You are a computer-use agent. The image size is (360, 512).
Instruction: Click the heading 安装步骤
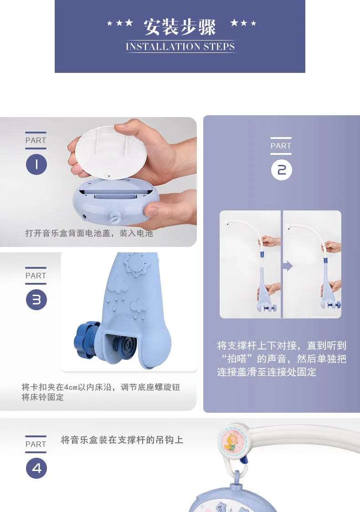tap(180, 27)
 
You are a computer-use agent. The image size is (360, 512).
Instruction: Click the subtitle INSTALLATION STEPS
tap(180, 47)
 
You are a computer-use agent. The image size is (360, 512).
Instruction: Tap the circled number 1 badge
tap(36, 164)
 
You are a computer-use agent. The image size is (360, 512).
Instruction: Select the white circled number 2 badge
tap(281, 170)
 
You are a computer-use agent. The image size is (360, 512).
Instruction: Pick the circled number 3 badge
tap(36, 300)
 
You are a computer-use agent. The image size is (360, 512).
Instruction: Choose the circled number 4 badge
tap(36, 468)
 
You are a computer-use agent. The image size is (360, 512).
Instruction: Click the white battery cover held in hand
tap(110, 153)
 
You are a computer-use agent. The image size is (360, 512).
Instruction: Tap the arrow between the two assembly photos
tap(288, 266)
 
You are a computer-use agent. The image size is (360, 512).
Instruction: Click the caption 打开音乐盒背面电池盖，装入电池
tap(89, 233)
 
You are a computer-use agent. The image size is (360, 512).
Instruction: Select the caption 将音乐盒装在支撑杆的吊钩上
tap(122, 440)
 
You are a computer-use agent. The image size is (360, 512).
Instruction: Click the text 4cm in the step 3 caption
tap(71, 387)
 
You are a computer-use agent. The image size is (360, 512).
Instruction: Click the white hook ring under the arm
tap(237, 478)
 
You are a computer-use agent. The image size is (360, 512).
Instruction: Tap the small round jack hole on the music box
tap(85, 216)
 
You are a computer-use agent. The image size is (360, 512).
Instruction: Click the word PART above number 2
tap(281, 146)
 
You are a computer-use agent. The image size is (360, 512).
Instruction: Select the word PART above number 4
tap(36, 445)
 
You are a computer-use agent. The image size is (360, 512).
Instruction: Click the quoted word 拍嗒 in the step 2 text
tap(237, 359)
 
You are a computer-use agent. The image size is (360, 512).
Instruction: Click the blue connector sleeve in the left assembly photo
tap(262, 254)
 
